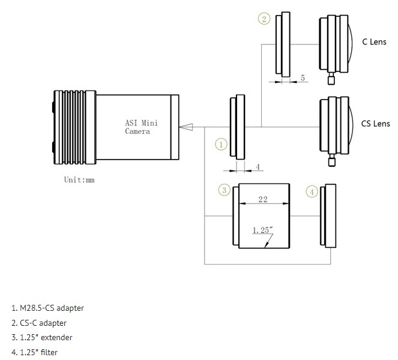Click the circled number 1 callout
pos(222,145)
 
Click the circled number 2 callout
pos(264,19)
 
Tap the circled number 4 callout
pos(312,191)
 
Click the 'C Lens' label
pos(374,42)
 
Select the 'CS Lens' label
pos(375,124)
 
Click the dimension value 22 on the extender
pos(263,200)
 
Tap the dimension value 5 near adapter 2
pos(303,78)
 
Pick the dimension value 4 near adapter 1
pos(257,167)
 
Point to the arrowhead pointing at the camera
pos(186,127)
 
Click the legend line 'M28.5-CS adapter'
pos(47,308)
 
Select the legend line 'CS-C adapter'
pos(40,323)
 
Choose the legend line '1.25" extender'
pos(41,337)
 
